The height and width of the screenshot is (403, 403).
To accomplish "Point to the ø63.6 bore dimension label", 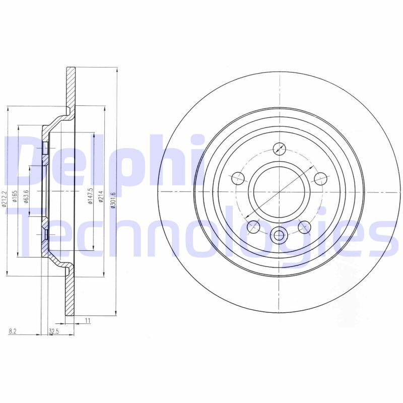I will pos(26,194).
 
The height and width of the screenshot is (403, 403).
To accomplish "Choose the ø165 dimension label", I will pos(15,194).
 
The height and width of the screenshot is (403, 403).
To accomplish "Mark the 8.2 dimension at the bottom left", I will pos(12,331).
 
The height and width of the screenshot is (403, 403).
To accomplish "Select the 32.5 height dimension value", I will pos(53,331).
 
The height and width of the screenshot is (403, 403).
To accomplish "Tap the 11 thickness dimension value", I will pos(87,320).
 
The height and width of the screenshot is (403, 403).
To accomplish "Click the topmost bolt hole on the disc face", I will pos(279,149).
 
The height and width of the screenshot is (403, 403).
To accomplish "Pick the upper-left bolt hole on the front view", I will pos(237,178).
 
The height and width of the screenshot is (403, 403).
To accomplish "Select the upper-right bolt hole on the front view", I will pos(320,178).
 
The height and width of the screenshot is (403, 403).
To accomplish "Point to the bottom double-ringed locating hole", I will pos(279,235).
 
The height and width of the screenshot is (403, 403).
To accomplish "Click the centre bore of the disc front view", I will pos(279,192).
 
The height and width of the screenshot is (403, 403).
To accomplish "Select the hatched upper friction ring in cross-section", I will pos(71,86).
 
